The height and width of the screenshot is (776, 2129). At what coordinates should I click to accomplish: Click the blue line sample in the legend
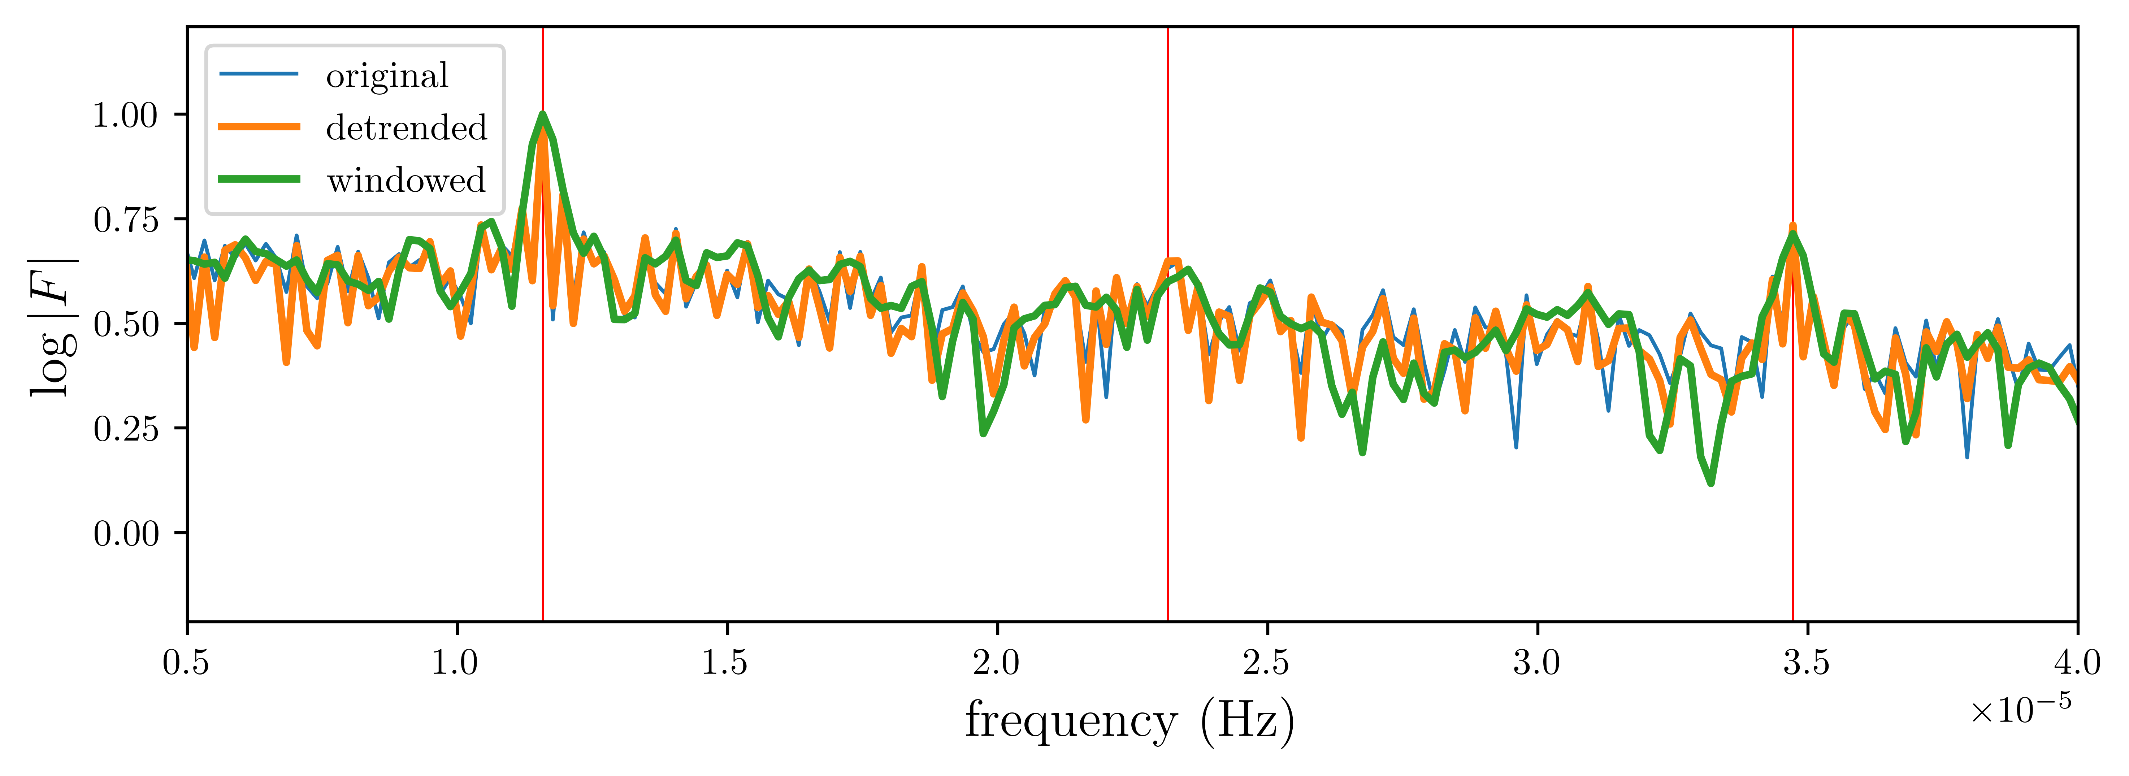click(259, 74)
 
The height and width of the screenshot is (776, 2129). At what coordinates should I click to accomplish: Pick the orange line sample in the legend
click(259, 126)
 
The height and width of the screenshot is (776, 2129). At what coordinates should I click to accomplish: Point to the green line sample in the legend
click(259, 178)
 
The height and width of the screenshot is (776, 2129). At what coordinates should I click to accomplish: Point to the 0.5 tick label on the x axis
click(187, 663)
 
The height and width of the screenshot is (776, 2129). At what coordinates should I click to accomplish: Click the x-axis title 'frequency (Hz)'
click(1130, 721)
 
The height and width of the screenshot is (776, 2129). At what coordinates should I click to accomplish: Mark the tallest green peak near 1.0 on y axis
click(542, 114)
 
